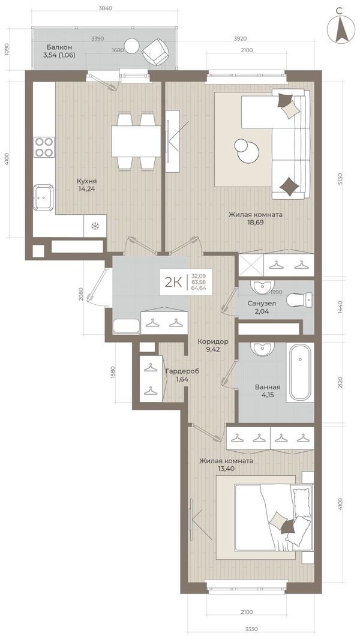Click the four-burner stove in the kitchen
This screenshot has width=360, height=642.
(x=44, y=147)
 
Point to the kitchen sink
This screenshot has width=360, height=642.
(x=44, y=198)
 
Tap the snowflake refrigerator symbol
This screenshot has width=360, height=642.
(x=95, y=226)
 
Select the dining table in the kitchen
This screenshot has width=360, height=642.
(x=136, y=141)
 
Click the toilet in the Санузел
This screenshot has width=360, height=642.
(x=300, y=300)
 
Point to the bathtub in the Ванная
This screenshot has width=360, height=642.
(x=301, y=373)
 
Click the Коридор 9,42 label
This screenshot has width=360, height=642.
(x=212, y=346)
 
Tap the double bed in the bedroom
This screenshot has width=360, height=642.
(x=273, y=518)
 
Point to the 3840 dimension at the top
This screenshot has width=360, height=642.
(x=105, y=8)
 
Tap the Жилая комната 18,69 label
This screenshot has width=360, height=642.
(x=256, y=218)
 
